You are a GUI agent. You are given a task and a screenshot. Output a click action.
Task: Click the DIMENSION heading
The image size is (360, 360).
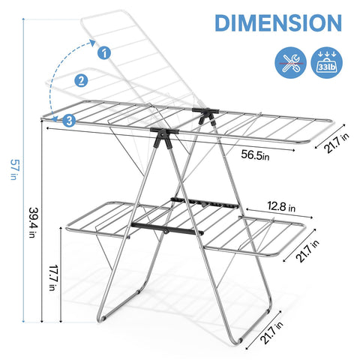point(278,23)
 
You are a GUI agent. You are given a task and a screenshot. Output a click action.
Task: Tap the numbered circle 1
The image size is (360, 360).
point(104,52)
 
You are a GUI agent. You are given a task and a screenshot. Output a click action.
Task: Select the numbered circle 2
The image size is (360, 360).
point(81,80)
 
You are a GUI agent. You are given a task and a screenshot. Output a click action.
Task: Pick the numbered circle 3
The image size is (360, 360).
point(69,121)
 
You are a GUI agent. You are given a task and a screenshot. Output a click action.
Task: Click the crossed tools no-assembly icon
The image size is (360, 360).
point(290,62)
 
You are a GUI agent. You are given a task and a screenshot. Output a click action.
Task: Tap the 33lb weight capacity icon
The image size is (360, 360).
point(326,62)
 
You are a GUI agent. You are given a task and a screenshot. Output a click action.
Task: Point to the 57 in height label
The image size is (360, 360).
point(14,169)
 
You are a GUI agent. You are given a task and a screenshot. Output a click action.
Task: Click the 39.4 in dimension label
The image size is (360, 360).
point(33,222)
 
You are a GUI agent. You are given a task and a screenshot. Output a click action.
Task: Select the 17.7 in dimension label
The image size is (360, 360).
point(52,277)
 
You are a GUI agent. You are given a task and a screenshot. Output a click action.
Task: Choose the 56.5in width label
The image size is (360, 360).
point(255,155)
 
